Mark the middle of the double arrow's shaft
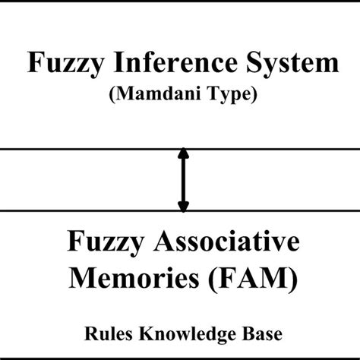click(x=182, y=180)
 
